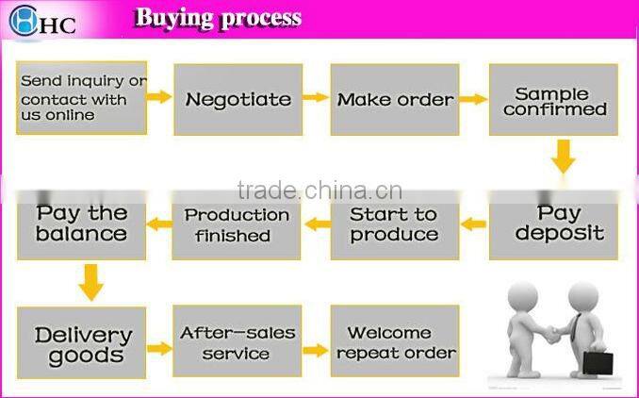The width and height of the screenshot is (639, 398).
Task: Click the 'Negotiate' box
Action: tap(238, 99)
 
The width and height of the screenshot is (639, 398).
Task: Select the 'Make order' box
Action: tap(395, 99)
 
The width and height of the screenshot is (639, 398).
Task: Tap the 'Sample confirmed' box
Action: tap(553, 99)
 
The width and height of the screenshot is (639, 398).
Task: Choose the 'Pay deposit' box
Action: tap(553, 224)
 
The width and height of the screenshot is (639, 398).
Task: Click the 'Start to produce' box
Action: tap(395, 224)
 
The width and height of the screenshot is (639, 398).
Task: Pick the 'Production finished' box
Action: tap(237, 224)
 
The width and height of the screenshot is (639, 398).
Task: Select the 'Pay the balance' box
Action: tap(81, 224)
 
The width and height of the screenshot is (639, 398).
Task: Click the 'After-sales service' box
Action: tap(237, 342)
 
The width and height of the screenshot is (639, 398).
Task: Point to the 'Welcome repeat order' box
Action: tap(395, 342)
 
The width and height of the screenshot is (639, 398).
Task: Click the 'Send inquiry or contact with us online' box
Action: tap(81, 98)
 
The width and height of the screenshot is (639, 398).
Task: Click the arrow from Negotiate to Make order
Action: tap(316, 97)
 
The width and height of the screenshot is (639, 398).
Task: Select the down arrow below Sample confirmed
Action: tap(564, 156)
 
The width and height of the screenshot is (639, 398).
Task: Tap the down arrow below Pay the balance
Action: tap(90, 282)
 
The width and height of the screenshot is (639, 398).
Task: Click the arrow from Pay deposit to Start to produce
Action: tap(473, 224)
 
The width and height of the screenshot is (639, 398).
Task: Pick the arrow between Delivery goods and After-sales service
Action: tap(159, 348)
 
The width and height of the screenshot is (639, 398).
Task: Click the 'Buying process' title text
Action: tap(218, 18)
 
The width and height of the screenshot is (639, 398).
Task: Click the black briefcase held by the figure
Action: tap(597, 362)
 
